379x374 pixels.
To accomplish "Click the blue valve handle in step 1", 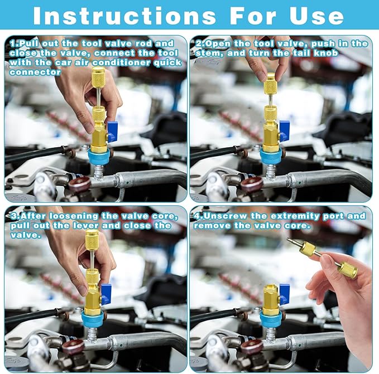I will (112, 132).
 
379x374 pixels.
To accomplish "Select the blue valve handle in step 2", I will (284, 130).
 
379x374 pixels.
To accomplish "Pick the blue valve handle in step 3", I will (105, 294).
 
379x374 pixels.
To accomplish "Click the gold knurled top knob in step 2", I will (271, 85).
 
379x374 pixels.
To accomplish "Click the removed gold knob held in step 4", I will (347, 270).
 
